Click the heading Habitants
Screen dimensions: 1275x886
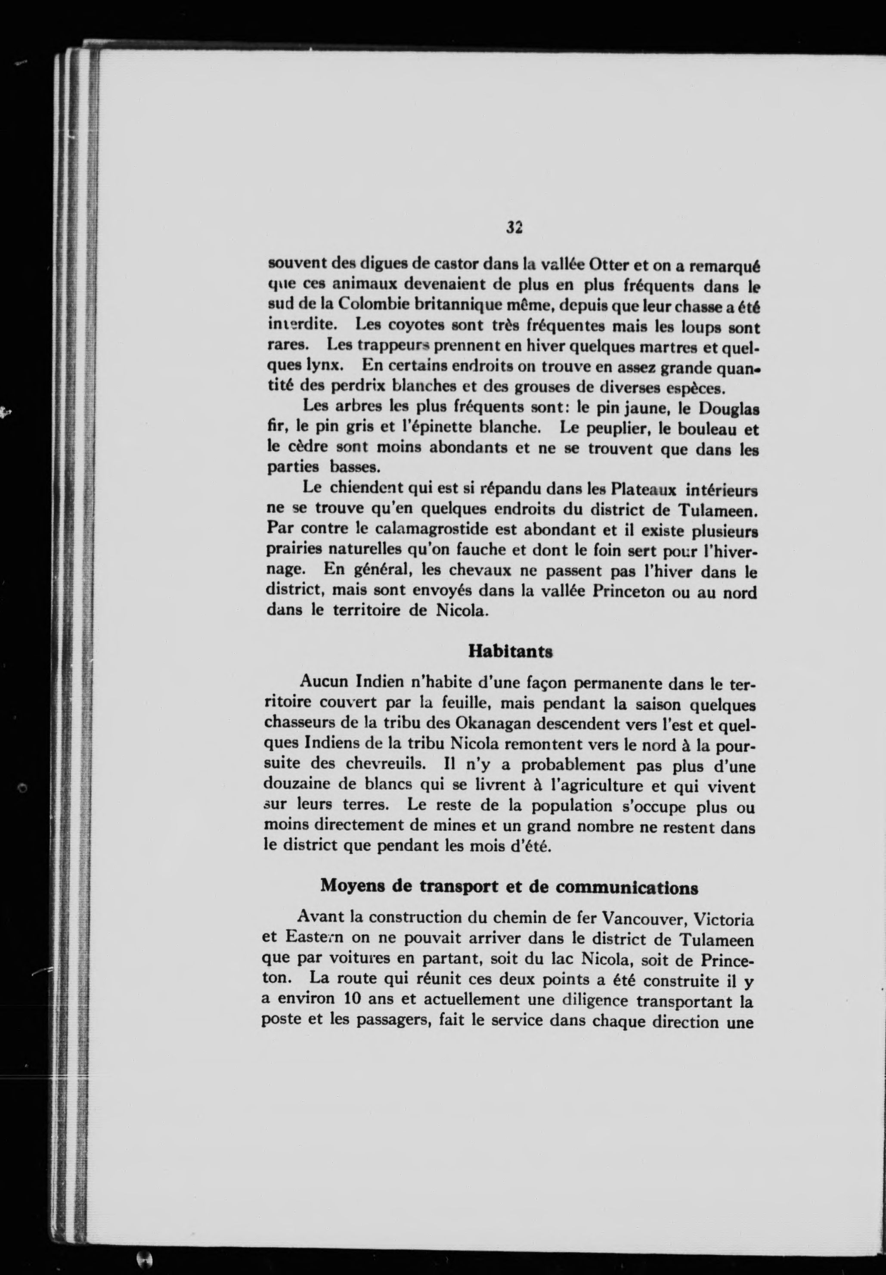(x=510, y=651)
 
